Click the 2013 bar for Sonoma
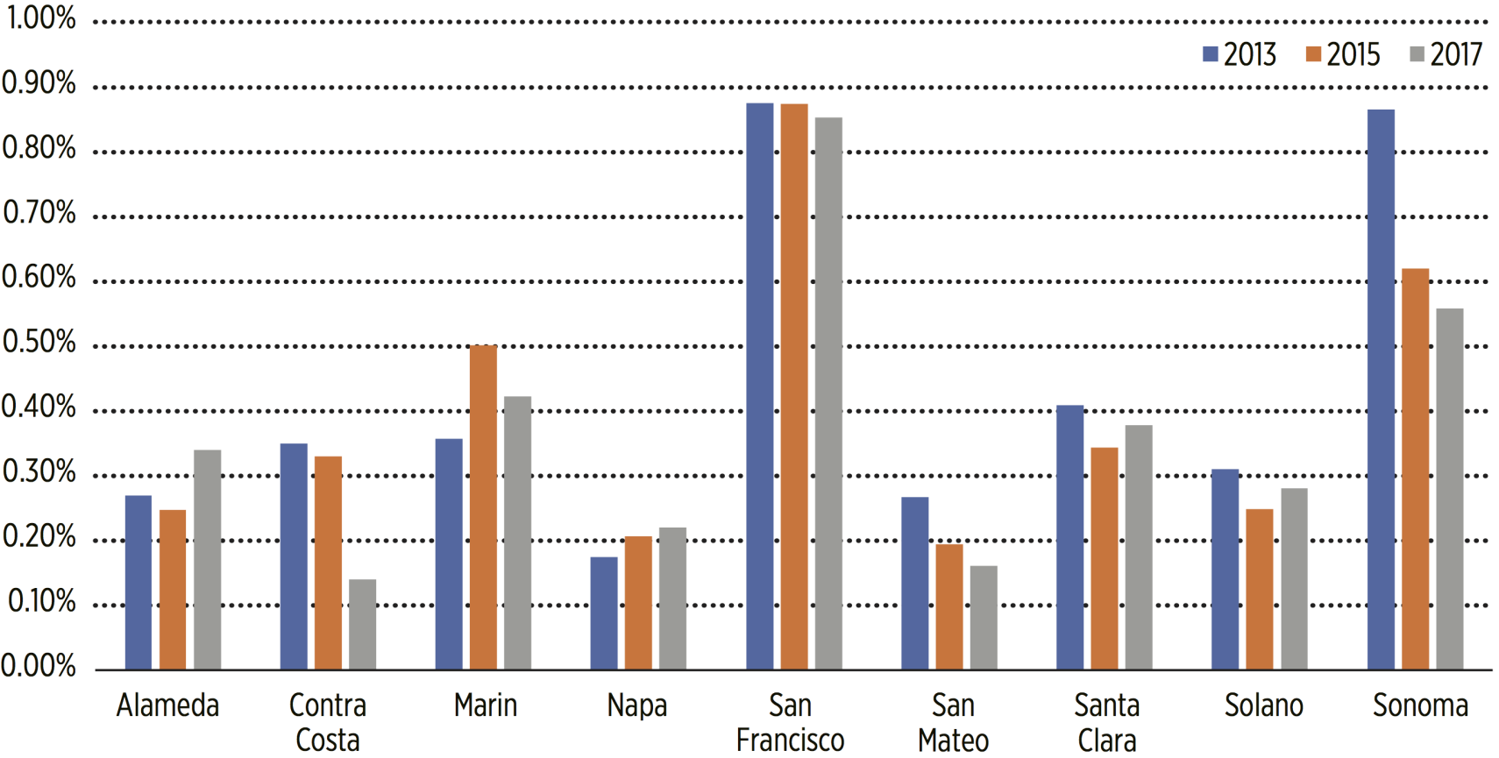tap(1380, 390)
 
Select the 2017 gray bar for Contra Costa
tap(362, 624)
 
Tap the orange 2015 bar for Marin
tap(483, 507)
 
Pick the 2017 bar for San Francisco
tap(828, 393)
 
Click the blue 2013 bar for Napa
tap(603, 613)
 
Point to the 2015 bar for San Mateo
tap(948, 606)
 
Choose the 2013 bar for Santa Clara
tap(1069, 537)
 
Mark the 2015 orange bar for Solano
tap(1259, 589)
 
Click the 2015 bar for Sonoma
tap(1415, 469)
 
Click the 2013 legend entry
tap(1240, 54)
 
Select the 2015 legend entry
tap(1342, 54)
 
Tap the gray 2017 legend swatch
tap(1417, 54)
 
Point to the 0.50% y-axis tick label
tap(39, 343)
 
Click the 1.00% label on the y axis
tap(41, 18)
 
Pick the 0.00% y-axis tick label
tap(39, 667)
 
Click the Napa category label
tap(637, 705)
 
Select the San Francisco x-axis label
tap(790, 722)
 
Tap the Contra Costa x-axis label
tap(328, 722)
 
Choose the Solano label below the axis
tap(1263, 705)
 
